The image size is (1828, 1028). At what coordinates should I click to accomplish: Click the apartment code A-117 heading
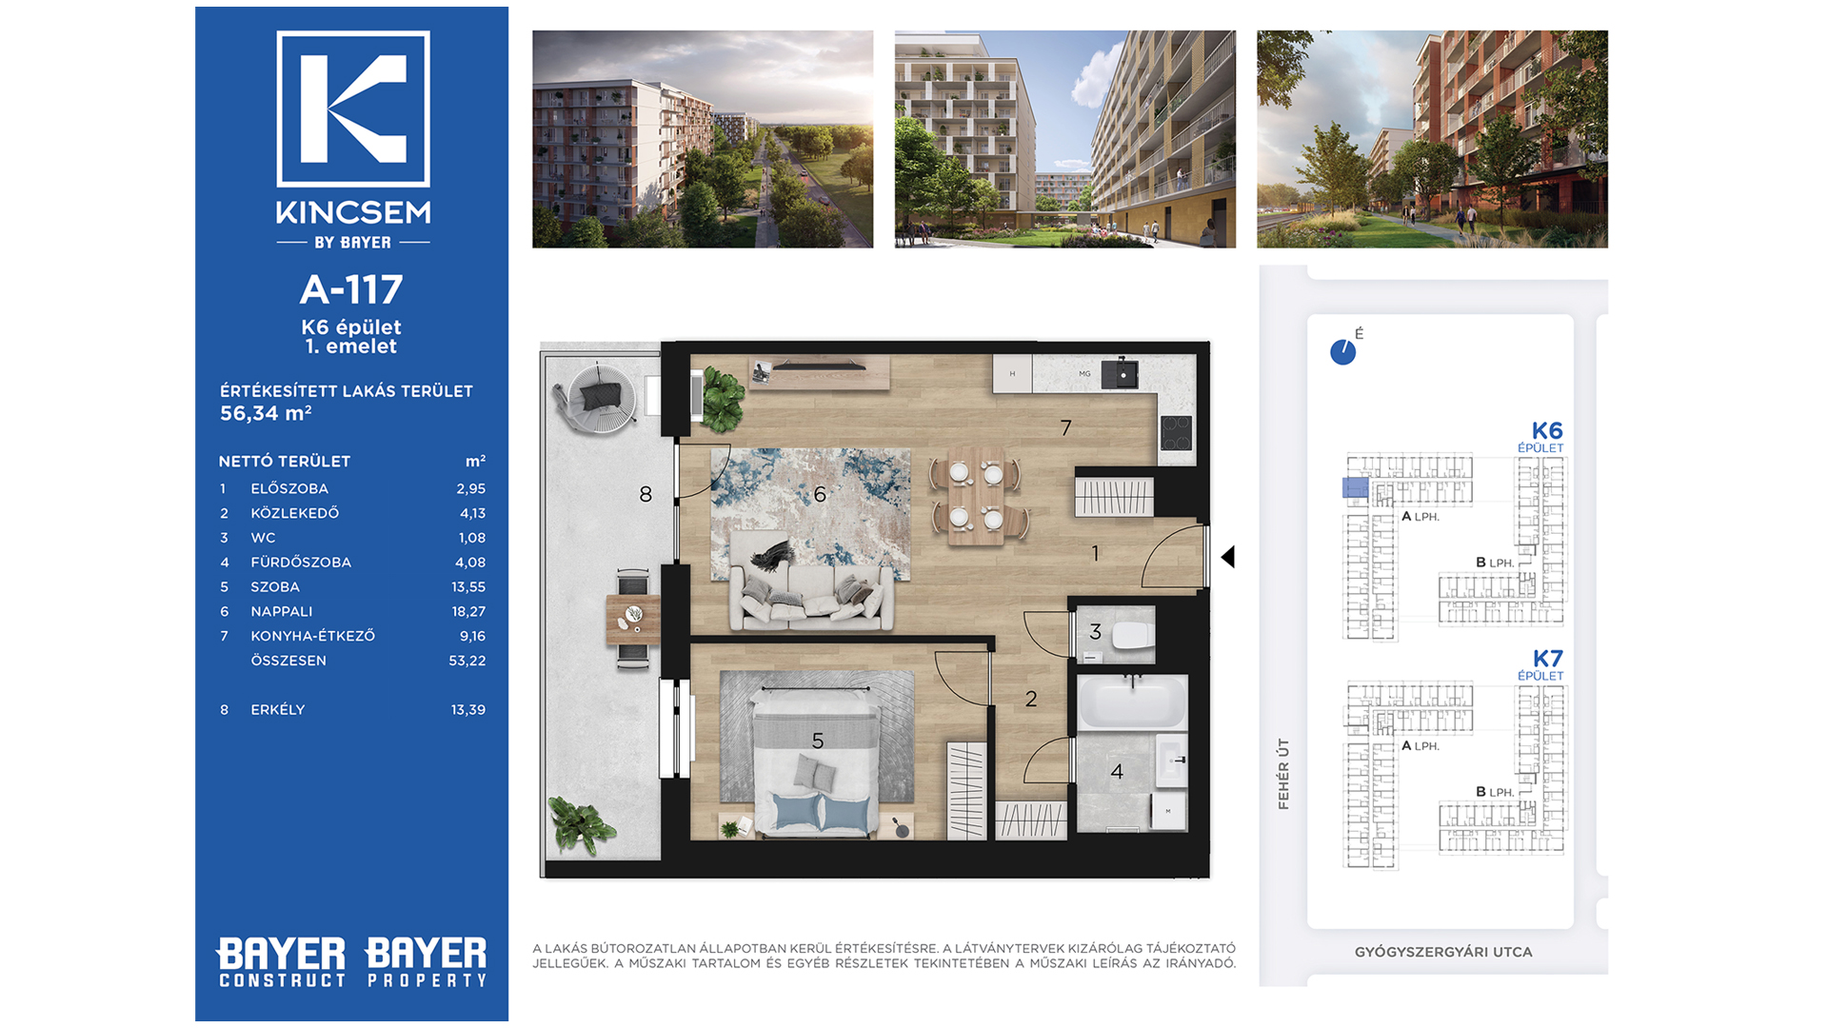(x=351, y=289)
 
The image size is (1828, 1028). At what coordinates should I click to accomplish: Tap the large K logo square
(x=353, y=109)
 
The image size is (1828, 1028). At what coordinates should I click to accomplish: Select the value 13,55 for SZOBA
(x=468, y=587)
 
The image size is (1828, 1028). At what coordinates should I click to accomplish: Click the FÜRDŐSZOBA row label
(x=301, y=563)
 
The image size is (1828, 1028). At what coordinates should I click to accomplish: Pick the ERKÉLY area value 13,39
(x=468, y=710)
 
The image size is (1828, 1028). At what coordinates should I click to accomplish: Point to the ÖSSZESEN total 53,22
(x=467, y=661)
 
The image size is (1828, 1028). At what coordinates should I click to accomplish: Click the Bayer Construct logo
(x=282, y=962)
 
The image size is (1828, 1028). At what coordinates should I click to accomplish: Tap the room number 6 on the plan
(x=820, y=494)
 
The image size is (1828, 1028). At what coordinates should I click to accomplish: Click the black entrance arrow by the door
(x=1228, y=557)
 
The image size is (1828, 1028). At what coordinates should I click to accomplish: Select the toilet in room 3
(x=1132, y=636)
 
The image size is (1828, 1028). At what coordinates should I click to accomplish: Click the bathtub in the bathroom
(x=1132, y=702)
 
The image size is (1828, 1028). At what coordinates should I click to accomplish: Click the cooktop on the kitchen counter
(x=1177, y=433)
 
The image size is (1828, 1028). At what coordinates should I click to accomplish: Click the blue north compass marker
(x=1343, y=352)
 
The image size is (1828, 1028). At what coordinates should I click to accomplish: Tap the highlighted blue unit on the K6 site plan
(x=1356, y=488)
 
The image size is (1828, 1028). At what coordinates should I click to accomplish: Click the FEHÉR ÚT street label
(x=1283, y=774)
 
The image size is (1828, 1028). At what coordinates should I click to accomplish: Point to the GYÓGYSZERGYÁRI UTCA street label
(x=1443, y=952)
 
